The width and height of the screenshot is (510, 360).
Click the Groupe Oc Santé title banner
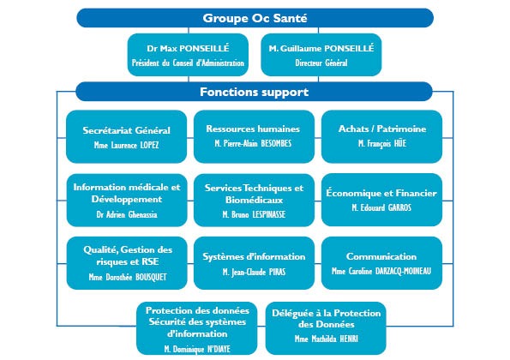[x=255, y=18]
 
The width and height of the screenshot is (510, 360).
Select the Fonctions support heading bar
[x=254, y=92]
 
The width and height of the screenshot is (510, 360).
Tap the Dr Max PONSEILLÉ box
[x=188, y=55]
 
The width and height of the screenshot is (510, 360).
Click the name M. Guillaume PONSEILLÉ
[x=321, y=49]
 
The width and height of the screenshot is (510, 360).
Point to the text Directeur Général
[x=321, y=63]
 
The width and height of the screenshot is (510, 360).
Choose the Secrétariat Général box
[x=126, y=136]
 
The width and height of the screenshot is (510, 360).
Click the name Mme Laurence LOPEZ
[x=126, y=145]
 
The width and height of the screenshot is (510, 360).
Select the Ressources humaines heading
[x=253, y=129]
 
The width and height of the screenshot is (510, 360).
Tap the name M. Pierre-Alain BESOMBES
[x=253, y=143]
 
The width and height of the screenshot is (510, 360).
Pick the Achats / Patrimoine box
[x=381, y=136]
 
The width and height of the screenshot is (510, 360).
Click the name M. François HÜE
[x=382, y=143]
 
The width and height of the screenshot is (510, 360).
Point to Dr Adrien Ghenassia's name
[x=127, y=214]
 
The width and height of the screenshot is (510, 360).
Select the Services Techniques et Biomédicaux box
[x=254, y=200]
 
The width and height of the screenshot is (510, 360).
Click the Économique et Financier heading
[x=381, y=193]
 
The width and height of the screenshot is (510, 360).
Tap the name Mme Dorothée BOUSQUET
[x=128, y=277]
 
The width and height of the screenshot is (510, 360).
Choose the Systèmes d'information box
[x=254, y=263]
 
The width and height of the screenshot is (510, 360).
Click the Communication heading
[x=381, y=256]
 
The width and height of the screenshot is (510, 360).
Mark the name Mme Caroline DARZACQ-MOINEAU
[x=381, y=271]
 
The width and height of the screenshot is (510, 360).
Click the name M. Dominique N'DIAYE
[x=197, y=349]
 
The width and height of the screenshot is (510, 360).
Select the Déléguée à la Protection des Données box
[x=326, y=328]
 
